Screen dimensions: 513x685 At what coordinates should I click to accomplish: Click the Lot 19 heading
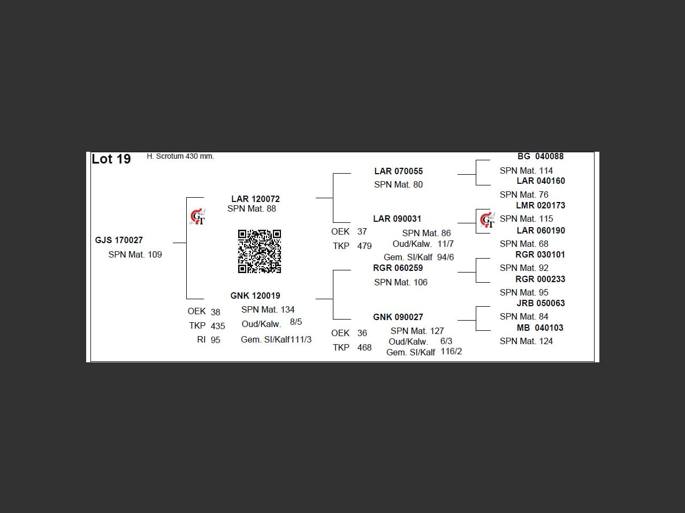click(x=111, y=159)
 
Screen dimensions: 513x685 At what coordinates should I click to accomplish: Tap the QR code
click(x=260, y=251)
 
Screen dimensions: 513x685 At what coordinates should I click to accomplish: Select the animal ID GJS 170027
click(x=119, y=240)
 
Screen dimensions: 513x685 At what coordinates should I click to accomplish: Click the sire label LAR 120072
click(x=255, y=199)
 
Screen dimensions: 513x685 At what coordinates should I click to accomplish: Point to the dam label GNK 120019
click(x=255, y=296)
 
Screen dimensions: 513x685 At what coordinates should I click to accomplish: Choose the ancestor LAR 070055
click(x=398, y=172)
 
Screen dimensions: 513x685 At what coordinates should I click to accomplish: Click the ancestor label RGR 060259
click(x=398, y=268)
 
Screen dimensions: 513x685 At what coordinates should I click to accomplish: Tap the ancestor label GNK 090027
click(x=398, y=317)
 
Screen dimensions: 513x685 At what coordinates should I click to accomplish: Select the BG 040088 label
click(x=540, y=157)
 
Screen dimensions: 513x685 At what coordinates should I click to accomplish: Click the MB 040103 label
click(x=540, y=328)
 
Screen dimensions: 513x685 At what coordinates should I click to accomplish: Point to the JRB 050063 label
click(x=541, y=303)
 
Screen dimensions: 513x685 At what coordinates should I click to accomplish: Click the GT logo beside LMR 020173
click(x=487, y=220)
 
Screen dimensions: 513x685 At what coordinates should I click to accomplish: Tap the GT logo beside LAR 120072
click(x=197, y=217)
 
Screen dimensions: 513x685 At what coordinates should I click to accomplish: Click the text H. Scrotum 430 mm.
click(x=180, y=157)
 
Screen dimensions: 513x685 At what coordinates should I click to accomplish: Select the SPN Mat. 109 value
click(x=135, y=255)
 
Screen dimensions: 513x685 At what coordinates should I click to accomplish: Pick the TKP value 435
click(x=218, y=326)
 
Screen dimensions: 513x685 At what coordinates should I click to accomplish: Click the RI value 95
click(x=215, y=340)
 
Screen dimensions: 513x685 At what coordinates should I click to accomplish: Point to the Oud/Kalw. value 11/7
click(x=445, y=244)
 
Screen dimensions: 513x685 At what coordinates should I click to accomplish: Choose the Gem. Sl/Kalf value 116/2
click(x=451, y=352)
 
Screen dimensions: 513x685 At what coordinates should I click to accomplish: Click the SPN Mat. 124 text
click(x=526, y=341)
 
